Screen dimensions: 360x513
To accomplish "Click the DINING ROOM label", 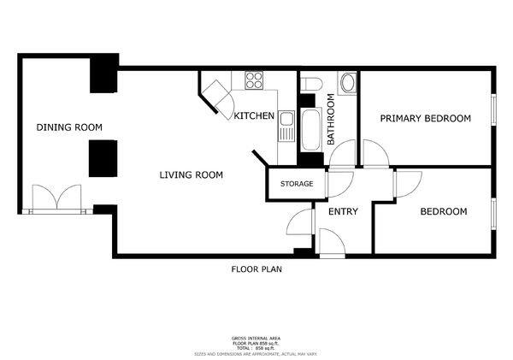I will pyautogui.click(x=68, y=127).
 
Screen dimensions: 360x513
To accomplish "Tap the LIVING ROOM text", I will pyautogui.click(x=191, y=175).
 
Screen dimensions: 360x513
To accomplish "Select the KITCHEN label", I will pyautogui.click(x=254, y=116).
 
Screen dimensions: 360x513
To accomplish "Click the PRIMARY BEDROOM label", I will pyautogui.click(x=425, y=118).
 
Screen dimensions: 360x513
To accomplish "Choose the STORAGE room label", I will pyautogui.click(x=292, y=184).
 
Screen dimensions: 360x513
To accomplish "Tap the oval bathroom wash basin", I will pyautogui.click(x=347, y=84).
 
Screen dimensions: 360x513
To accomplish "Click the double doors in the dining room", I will pyautogui.click(x=56, y=198).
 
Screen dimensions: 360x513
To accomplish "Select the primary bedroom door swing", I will pyautogui.click(x=375, y=155).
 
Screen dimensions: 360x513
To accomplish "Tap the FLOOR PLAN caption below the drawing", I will pyautogui.click(x=256, y=269).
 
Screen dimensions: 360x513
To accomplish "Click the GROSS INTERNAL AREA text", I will pyautogui.click(x=256, y=338).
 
